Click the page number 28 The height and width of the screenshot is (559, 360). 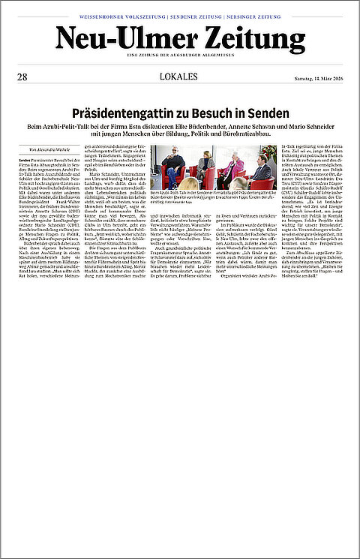click(x=22, y=77)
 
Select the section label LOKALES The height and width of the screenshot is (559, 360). click(x=179, y=77)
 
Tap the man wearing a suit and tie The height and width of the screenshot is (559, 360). click(x=262, y=170)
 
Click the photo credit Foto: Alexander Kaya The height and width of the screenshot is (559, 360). click(x=181, y=202)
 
